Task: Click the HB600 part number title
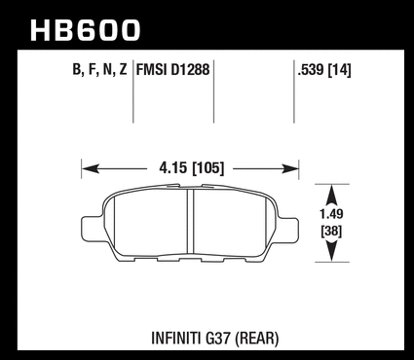coord(85,30)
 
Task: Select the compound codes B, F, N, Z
coord(99,69)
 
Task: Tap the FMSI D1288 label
coord(173,69)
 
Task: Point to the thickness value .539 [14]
coord(324,70)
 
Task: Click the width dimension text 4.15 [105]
coord(192,168)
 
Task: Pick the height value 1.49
coord(331,214)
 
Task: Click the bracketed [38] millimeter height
coord(331,232)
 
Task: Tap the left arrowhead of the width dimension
coord(91,168)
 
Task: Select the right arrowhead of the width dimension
coord(290,168)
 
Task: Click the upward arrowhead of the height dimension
coord(331,194)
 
